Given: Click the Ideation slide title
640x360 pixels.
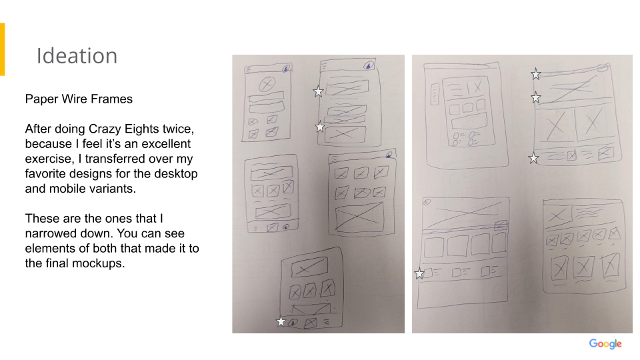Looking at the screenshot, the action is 77,56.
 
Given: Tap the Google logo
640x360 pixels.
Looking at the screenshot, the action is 605,344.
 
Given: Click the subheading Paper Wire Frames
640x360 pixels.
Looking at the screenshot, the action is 79,99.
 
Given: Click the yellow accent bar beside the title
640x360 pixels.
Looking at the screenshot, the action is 3,49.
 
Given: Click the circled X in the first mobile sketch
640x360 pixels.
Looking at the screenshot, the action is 267,85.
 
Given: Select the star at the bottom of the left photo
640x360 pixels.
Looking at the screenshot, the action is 281,321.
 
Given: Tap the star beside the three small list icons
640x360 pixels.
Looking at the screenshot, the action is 419,273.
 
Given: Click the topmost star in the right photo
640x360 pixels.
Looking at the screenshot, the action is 536,74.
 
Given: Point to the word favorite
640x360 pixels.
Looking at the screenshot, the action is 45,174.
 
